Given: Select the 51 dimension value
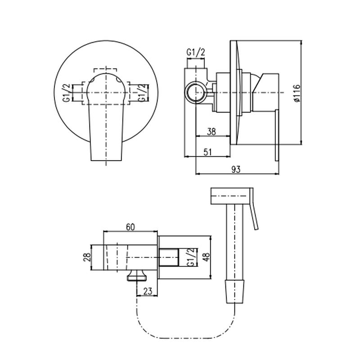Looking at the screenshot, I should (207, 152).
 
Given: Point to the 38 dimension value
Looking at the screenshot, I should (211, 132).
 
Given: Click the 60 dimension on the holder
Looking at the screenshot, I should (130, 228).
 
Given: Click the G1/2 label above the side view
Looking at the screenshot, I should (196, 53).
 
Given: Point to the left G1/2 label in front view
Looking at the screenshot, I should (66, 93).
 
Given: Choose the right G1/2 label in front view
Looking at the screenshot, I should (141, 93).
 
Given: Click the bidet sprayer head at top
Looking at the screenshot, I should (229, 196).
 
